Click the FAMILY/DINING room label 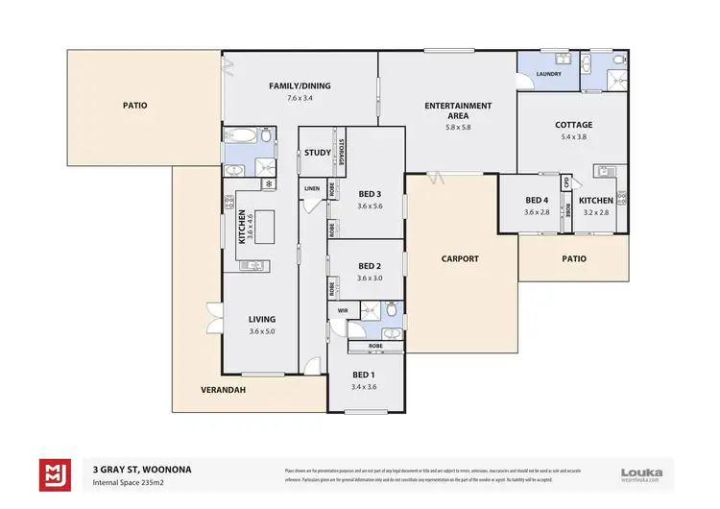[300, 86]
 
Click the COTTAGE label [573, 125]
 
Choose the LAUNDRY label [549, 73]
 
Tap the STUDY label [317, 153]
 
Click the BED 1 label [363, 375]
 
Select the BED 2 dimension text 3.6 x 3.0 [370, 279]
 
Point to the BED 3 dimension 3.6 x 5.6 [370, 206]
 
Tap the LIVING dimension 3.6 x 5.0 [261, 331]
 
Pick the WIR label [343, 311]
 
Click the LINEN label [311, 189]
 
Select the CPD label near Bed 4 [567, 182]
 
